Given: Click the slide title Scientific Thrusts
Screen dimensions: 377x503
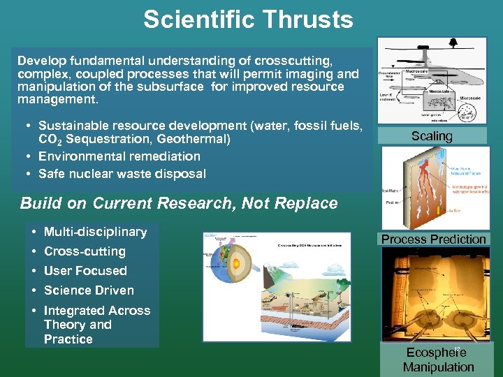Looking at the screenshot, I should click(248, 20).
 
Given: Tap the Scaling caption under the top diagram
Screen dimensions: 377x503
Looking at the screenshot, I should click(432, 136).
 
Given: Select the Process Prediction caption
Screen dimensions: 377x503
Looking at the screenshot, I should click(433, 239).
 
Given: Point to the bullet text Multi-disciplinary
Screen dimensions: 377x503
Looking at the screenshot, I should click(95, 232).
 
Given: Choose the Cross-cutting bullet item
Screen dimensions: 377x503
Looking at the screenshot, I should click(85, 251).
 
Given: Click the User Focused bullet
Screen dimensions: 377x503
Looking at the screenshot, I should click(85, 271).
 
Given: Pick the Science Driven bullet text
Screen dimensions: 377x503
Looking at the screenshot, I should click(89, 290).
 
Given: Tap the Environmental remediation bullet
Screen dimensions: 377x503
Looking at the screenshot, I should click(119, 156).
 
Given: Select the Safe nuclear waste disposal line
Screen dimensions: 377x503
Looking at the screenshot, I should click(122, 174).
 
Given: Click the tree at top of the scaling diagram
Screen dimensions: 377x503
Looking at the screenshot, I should click(453, 42).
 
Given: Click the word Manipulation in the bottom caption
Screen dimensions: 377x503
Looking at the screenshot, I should click(438, 367).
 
